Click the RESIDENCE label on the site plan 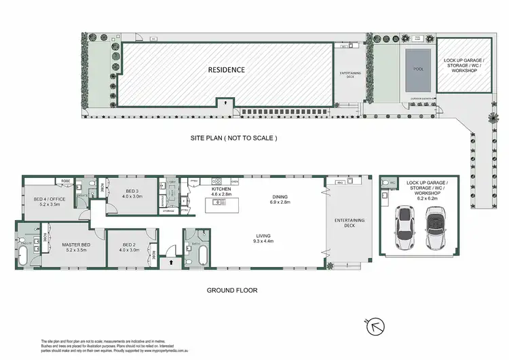coord(227,70)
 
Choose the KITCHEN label coord(221,189)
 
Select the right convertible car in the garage coord(435,224)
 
